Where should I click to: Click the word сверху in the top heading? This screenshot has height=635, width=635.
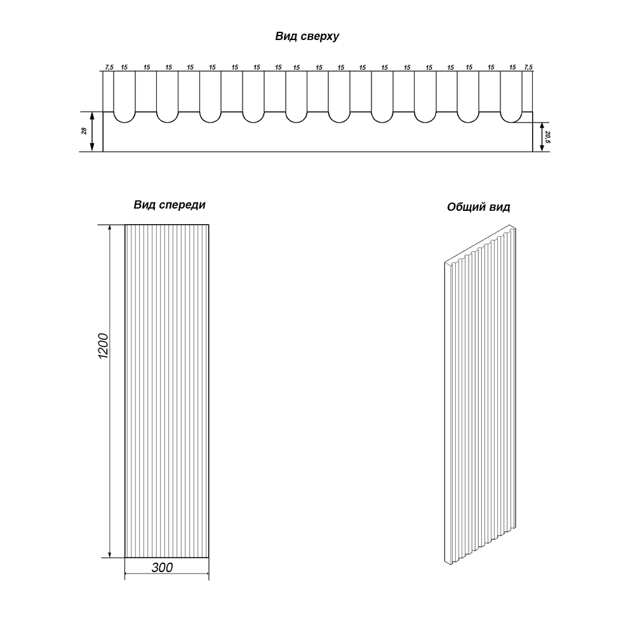coord(318,36)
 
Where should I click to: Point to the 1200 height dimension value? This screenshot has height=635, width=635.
coord(104,345)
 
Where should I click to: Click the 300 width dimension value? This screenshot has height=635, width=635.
coord(163,567)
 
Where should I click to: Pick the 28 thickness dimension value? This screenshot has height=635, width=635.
coord(84,131)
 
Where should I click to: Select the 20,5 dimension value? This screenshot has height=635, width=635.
coord(547,137)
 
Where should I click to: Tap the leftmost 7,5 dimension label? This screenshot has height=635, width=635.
coord(109,67)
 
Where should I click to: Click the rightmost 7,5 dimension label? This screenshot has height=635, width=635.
coord(528,67)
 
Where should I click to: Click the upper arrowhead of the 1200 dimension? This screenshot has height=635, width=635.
coord(109,229)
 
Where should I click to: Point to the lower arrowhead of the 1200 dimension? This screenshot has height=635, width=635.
coord(109,553)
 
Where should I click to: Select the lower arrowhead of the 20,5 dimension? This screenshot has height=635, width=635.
coord(542,147)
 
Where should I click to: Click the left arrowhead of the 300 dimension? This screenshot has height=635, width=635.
coord(129,573)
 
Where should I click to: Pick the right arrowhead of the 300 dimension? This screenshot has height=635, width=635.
coord(204,573)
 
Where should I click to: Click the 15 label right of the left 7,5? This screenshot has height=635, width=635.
coord(124,67)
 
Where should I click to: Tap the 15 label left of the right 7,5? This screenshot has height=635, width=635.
coord(512,67)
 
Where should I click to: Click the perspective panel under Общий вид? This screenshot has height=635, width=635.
coord(480,395)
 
